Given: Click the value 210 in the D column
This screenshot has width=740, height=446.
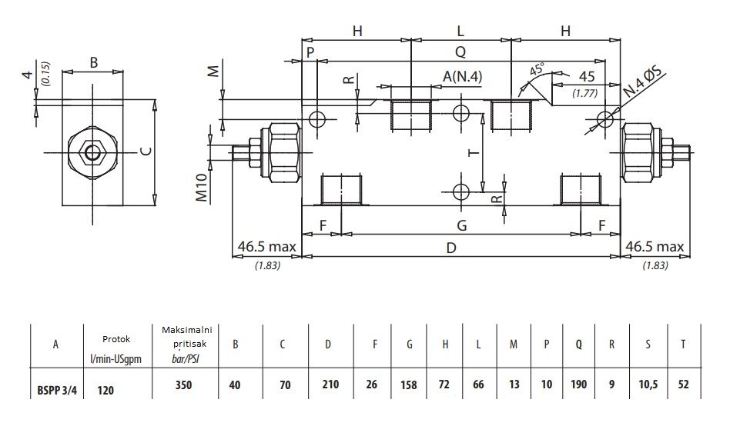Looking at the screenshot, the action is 330,384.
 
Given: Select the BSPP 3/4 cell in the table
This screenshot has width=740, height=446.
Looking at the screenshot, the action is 57,391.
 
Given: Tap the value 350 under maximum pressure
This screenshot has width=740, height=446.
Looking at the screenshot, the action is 183,384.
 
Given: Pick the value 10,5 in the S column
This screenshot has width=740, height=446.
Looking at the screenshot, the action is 648,384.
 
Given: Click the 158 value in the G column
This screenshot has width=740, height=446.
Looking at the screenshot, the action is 408,384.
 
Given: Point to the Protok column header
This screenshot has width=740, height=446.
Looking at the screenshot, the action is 116,339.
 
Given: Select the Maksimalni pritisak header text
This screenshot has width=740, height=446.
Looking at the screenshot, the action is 187,337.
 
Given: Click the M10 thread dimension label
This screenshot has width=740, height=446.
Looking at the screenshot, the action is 202,187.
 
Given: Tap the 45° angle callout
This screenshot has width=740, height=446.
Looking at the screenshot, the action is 537,69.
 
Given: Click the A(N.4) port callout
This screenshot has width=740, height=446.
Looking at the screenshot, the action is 462,76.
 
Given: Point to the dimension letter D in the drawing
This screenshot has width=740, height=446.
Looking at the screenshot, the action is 451,248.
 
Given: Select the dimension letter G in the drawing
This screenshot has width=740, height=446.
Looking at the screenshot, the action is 462,225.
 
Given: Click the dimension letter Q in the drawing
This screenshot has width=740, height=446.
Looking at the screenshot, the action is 460,52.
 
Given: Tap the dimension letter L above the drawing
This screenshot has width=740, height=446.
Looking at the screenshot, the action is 460,31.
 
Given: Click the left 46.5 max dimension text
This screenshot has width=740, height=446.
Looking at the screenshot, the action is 266,246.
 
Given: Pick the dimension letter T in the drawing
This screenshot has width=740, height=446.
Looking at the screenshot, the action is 474,153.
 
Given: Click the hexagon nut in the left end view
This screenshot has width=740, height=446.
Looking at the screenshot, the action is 92,153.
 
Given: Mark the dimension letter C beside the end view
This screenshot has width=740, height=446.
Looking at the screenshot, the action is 146,151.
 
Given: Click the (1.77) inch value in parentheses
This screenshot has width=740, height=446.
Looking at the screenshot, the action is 584,93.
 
